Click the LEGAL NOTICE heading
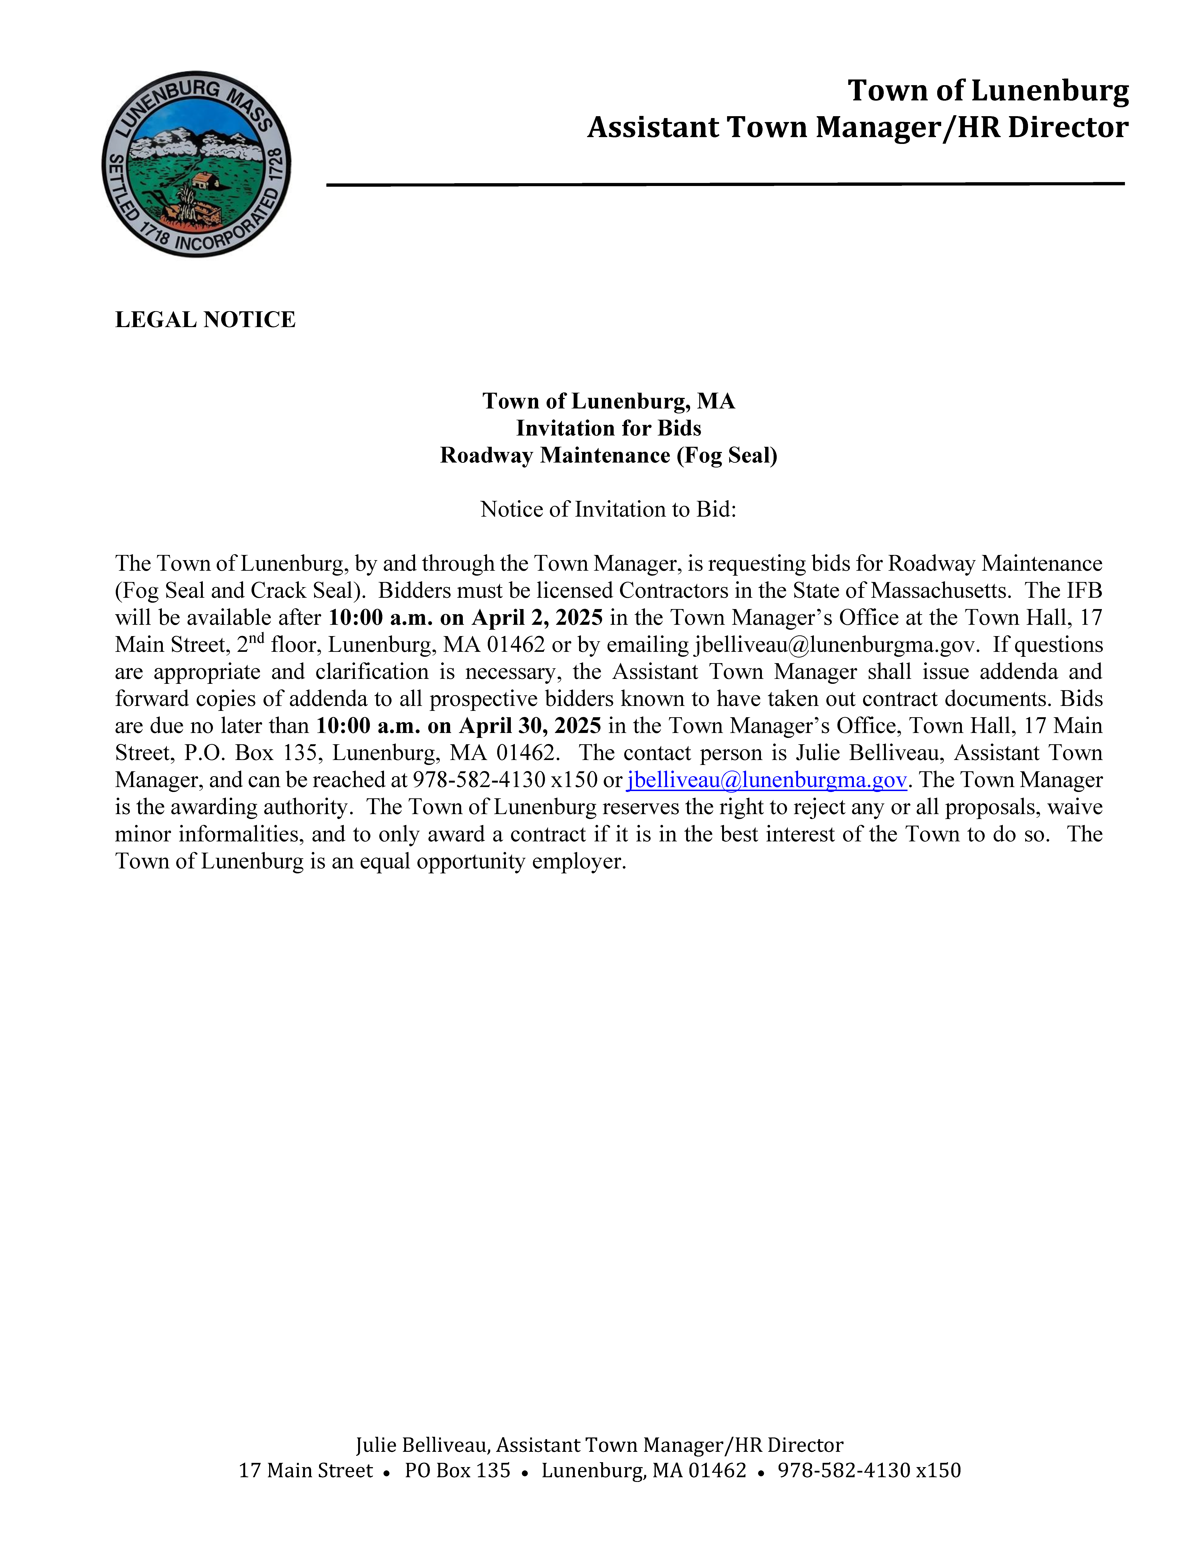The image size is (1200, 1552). [205, 320]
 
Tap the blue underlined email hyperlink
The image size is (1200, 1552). [766, 780]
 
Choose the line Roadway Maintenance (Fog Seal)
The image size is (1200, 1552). [608, 455]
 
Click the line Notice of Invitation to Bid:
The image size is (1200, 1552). [608, 510]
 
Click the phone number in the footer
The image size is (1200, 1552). [869, 1470]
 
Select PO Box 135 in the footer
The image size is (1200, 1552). [457, 1470]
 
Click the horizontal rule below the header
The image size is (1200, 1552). [725, 184]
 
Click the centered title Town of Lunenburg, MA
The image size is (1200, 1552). [608, 401]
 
